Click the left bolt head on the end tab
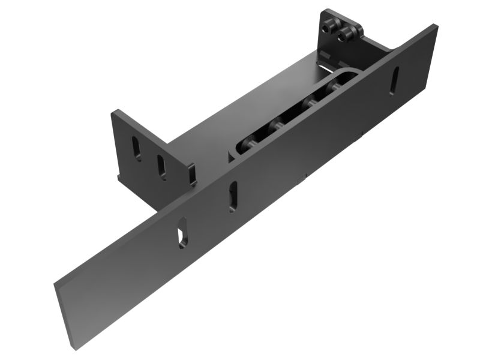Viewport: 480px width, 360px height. click(x=328, y=28)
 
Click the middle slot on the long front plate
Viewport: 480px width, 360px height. click(x=233, y=196)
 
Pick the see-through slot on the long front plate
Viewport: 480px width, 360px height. click(x=181, y=237)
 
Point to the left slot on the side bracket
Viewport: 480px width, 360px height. click(x=137, y=148)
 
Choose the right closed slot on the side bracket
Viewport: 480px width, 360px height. click(x=162, y=167)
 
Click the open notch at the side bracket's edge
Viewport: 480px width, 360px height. click(x=192, y=175)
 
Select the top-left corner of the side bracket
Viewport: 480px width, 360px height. click(x=114, y=111)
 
